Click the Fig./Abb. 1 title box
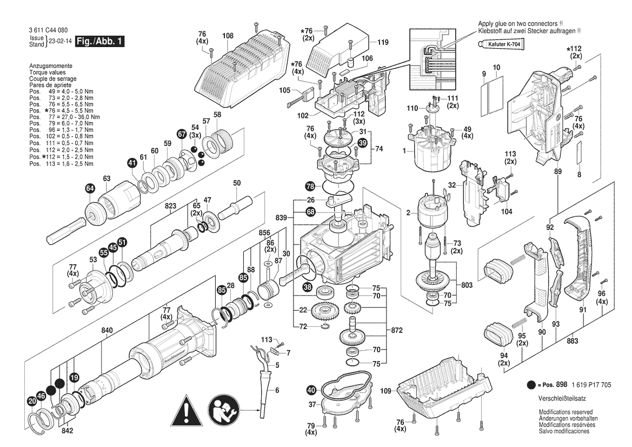(x=100, y=41)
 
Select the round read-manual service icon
(x=224, y=410)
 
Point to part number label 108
(x=228, y=36)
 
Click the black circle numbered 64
(x=90, y=188)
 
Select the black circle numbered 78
(x=310, y=186)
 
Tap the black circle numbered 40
(x=311, y=390)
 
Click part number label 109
(x=385, y=391)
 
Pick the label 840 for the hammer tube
(x=107, y=331)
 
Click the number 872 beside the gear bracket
(x=397, y=331)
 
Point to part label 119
(x=383, y=42)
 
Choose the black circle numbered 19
(x=74, y=378)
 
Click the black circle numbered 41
(x=132, y=163)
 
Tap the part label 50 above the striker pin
(x=237, y=183)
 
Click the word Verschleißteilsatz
(x=562, y=399)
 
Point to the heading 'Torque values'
(x=47, y=72)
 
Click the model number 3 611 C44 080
(x=48, y=30)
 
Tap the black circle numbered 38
(x=308, y=287)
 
